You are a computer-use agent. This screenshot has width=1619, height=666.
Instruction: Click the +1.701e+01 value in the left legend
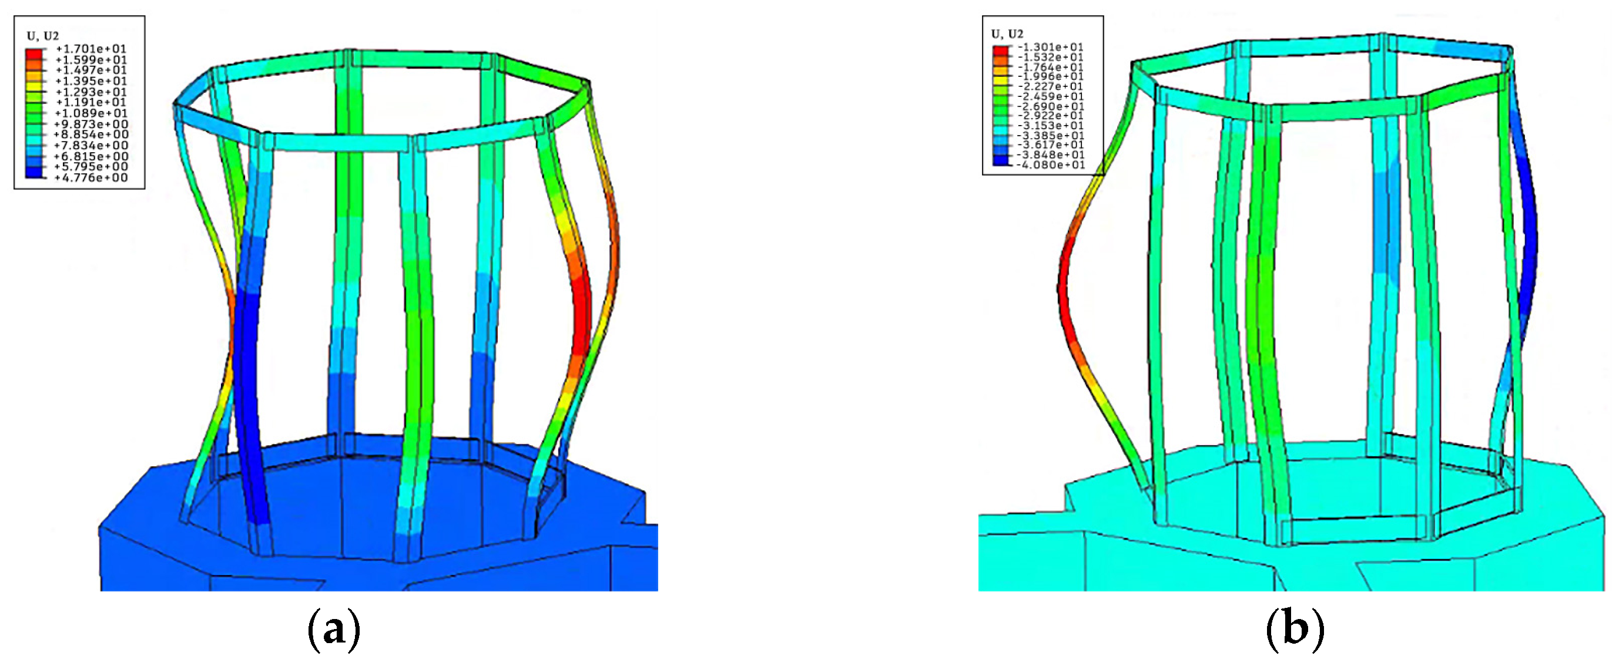coord(91,48)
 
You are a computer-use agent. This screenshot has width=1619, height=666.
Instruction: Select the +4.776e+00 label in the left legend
coord(91,178)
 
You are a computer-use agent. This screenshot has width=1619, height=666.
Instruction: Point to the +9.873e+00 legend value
coord(91,124)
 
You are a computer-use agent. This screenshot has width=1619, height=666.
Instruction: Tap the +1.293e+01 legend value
coord(91,92)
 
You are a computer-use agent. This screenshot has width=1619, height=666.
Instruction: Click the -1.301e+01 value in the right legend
coord(1051,47)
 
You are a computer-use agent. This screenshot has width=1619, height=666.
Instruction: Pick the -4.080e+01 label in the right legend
coord(1051,164)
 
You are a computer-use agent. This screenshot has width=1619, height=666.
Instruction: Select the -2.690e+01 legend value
coord(1051,106)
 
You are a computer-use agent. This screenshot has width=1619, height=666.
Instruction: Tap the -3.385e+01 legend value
coord(1051,135)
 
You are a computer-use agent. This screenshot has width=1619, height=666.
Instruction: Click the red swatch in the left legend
coord(35,54)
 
